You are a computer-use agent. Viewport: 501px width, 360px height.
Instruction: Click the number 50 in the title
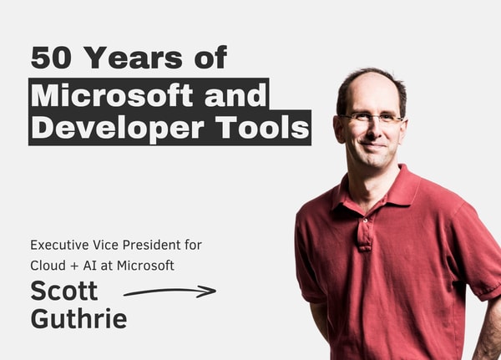click(x=49, y=58)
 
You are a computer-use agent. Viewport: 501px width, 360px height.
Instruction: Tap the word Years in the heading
click(x=133, y=58)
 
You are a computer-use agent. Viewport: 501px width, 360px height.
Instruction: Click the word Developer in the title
click(x=115, y=128)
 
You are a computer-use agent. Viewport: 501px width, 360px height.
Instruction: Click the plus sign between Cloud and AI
click(x=81, y=266)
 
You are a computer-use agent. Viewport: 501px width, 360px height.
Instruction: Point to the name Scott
click(x=64, y=291)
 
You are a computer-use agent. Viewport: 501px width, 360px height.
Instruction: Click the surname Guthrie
click(x=78, y=318)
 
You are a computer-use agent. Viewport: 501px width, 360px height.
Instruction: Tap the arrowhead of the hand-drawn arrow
click(x=209, y=292)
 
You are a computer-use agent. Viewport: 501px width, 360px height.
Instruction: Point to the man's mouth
click(x=372, y=145)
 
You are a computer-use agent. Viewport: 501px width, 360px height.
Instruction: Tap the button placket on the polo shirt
click(x=365, y=230)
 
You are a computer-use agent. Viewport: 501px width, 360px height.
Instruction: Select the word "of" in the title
click(x=209, y=58)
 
